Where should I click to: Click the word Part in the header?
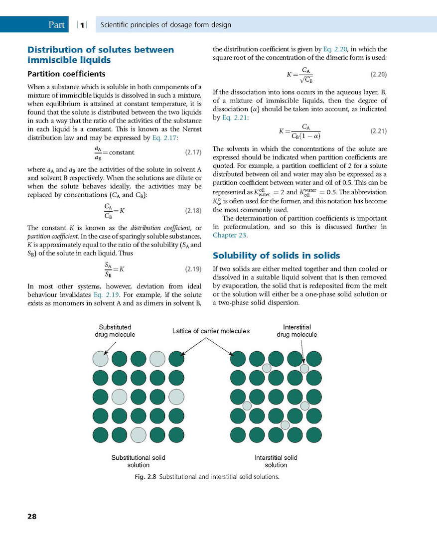coord(57,24)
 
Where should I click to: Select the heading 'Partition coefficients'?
coord(66,74)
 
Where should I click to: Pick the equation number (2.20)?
coord(379,75)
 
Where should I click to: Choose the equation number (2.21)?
coord(379,132)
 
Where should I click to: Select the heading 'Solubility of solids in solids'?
coord(277,256)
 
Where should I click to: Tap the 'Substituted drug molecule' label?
coord(115,331)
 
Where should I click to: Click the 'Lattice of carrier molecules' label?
coord(211,331)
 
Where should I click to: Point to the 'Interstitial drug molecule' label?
coord(297,331)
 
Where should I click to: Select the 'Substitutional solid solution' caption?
coord(139,461)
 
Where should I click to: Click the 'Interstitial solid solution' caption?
coord(276,461)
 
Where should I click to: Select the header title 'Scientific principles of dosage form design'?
coord(166,24)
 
